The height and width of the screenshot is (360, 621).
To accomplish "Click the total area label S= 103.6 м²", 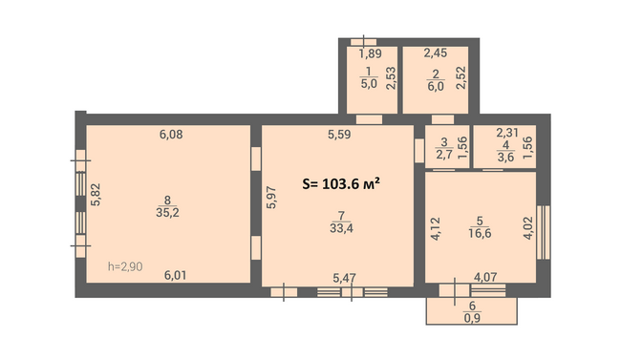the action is click(x=341, y=183).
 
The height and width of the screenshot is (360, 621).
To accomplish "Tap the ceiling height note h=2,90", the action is click(x=125, y=266).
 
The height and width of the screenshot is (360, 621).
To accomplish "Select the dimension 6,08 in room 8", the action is click(x=171, y=135).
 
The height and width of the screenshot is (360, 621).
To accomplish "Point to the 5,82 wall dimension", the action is click(x=96, y=195).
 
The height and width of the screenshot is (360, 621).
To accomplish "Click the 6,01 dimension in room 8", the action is click(x=175, y=275).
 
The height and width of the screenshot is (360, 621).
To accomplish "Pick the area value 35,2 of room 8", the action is click(x=167, y=213).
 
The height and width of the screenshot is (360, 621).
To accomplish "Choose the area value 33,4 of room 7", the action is click(x=341, y=228).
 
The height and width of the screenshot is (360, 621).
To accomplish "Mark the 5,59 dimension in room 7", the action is click(x=339, y=135).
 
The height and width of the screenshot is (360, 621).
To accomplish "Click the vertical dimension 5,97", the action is click(x=271, y=198).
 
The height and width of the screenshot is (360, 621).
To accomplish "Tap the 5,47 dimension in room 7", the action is click(x=344, y=278).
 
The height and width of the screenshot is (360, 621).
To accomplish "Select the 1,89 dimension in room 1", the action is click(x=371, y=53).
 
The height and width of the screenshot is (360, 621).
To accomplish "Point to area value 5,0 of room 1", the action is click(x=369, y=84).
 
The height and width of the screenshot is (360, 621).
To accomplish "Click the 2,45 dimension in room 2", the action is click(x=436, y=53).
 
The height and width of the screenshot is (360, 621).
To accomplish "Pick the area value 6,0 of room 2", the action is click(x=436, y=87).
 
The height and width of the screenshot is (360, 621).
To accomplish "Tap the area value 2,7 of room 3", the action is click(x=444, y=155).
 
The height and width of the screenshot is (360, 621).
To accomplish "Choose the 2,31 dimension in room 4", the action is click(x=507, y=133).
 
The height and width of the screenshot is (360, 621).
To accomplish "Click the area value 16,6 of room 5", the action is click(x=480, y=233).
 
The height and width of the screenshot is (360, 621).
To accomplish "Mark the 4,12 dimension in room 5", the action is click(x=436, y=229).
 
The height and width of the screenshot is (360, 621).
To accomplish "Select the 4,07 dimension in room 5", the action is click(x=485, y=277).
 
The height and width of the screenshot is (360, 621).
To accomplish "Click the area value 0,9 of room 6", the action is click(x=472, y=318).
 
